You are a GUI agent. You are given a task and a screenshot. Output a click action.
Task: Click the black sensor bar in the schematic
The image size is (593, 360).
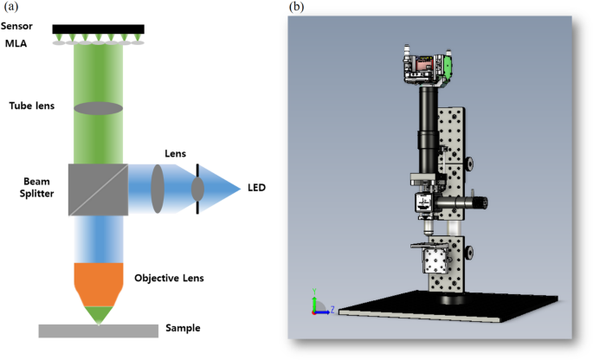point(98,29)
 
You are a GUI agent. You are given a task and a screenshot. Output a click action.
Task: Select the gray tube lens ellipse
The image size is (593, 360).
point(98,108)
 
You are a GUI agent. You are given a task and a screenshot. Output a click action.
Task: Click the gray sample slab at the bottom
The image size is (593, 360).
point(98,331)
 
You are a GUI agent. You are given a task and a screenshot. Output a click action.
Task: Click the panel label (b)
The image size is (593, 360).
point(296,8)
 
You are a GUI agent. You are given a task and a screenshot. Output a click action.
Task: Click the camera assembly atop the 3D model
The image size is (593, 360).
point(428,68)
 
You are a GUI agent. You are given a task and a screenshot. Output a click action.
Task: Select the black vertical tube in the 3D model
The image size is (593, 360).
point(428,125)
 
